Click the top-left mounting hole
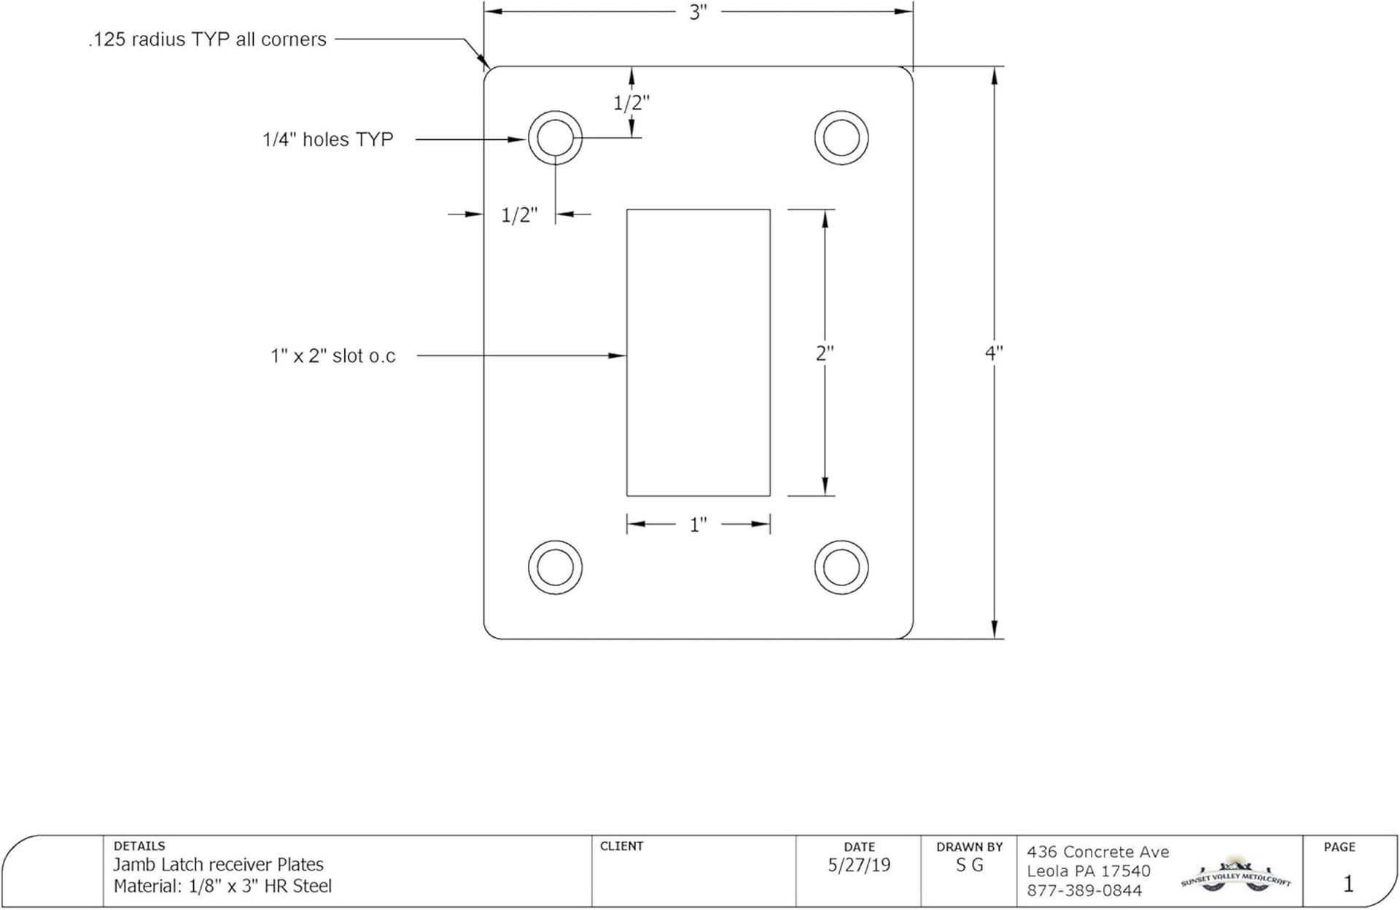555,138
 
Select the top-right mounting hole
841,138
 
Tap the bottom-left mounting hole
555,567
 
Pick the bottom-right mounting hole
841,567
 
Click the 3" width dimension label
698,13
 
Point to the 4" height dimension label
994,352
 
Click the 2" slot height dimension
825,353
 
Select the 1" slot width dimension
698,525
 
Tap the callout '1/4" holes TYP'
327,139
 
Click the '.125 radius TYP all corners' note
207,39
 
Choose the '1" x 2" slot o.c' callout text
332,356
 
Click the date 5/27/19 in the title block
859,865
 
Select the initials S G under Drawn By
969,865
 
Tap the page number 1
1347,884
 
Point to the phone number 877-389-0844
1084,891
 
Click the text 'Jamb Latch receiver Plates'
218,865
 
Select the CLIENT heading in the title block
621,847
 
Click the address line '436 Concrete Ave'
1097,852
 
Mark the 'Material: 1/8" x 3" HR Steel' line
222,887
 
